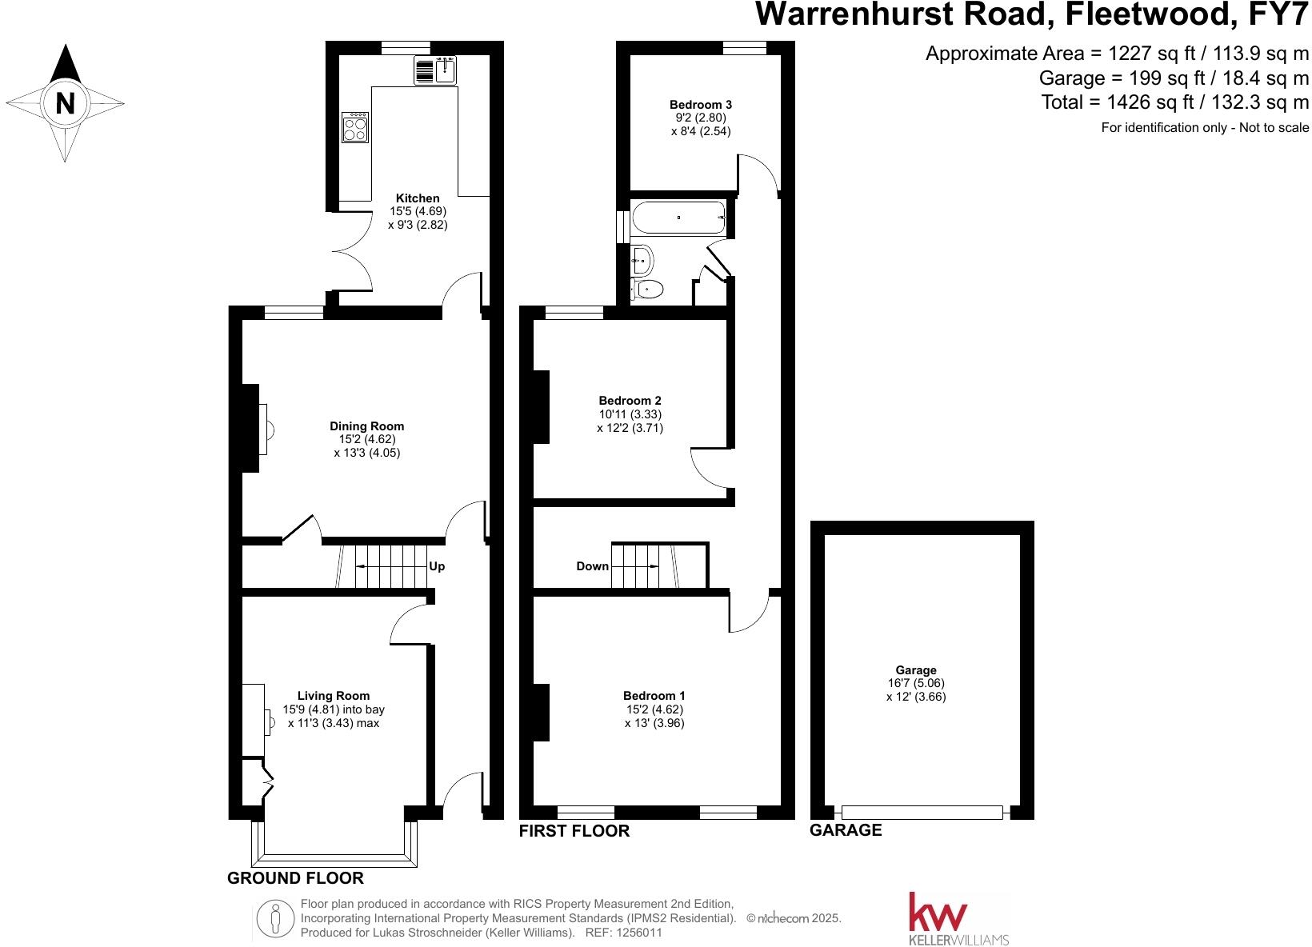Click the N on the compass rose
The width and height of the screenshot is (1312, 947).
[x=66, y=104]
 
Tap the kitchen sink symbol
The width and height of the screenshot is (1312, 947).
[x=434, y=70]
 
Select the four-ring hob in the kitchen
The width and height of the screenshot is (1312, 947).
[x=356, y=126]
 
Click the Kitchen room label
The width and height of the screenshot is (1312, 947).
[x=418, y=198]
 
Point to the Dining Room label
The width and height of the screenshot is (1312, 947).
[x=367, y=426]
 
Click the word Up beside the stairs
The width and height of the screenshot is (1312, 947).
[x=437, y=566]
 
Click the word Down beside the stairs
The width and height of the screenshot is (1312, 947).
[x=592, y=566]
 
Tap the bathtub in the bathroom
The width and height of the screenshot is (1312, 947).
[x=678, y=218]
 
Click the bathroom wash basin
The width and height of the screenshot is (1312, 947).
[x=642, y=259]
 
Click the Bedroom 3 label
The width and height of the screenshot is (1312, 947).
[x=701, y=104]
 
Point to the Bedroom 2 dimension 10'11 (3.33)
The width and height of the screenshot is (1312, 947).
[x=630, y=414]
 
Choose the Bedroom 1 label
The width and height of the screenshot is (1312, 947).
[x=654, y=696]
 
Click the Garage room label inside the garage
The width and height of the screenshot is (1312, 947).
[x=916, y=670]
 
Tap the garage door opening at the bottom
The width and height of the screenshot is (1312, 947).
[x=922, y=813]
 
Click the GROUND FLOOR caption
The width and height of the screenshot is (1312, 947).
[x=295, y=878]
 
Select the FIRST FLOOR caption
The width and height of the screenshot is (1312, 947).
[x=574, y=831]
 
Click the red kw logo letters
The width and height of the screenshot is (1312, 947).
[x=938, y=913]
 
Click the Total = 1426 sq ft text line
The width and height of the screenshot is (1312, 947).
[x=1174, y=102]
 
